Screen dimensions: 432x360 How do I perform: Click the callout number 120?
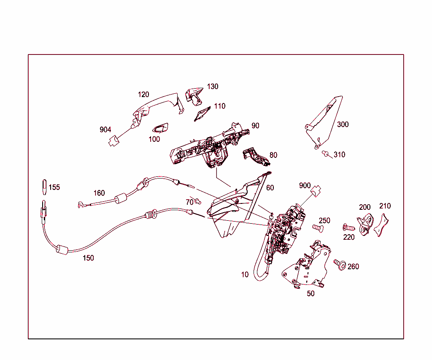tap(143, 95)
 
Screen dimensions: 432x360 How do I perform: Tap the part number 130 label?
tap(213, 87)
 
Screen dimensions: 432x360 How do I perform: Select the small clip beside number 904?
tap(114, 141)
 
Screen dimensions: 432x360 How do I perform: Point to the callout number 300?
tap(343, 125)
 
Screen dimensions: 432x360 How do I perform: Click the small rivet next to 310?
tap(325, 153)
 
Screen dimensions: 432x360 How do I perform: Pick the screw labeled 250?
tap(318, 228)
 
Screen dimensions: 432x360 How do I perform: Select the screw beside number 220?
tap(348, 227)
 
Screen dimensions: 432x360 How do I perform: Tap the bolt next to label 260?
tap(340, 264)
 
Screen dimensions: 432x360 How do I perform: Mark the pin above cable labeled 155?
tap(44, 187)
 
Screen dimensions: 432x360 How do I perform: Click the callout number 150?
tap(88, 258)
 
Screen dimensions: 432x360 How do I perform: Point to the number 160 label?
tap(99, 193)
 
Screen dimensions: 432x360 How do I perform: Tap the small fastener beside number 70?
tap(198, 201)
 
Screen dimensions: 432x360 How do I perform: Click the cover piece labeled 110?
tap(202, 114)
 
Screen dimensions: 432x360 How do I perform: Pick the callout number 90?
tap(255, 126)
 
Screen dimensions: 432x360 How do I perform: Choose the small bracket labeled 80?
tap(256, 157)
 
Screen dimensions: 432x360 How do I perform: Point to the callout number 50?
tap(310, 294)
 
